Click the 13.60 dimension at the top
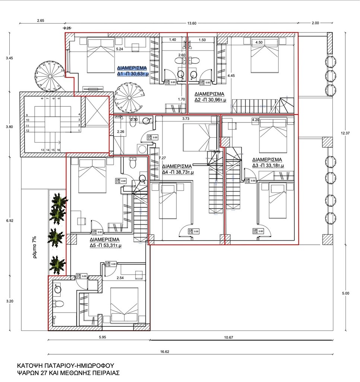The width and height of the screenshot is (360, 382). [x=192, y=23]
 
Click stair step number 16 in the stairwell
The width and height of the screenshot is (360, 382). [x=59, y=150]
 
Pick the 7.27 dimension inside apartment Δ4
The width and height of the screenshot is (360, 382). [x=162, y=158]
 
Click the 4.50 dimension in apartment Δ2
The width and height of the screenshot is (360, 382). [x=259, y=42]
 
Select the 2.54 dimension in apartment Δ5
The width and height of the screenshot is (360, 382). [x=120, y=278]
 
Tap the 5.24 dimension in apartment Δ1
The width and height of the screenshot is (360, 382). [x=120, y=49]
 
